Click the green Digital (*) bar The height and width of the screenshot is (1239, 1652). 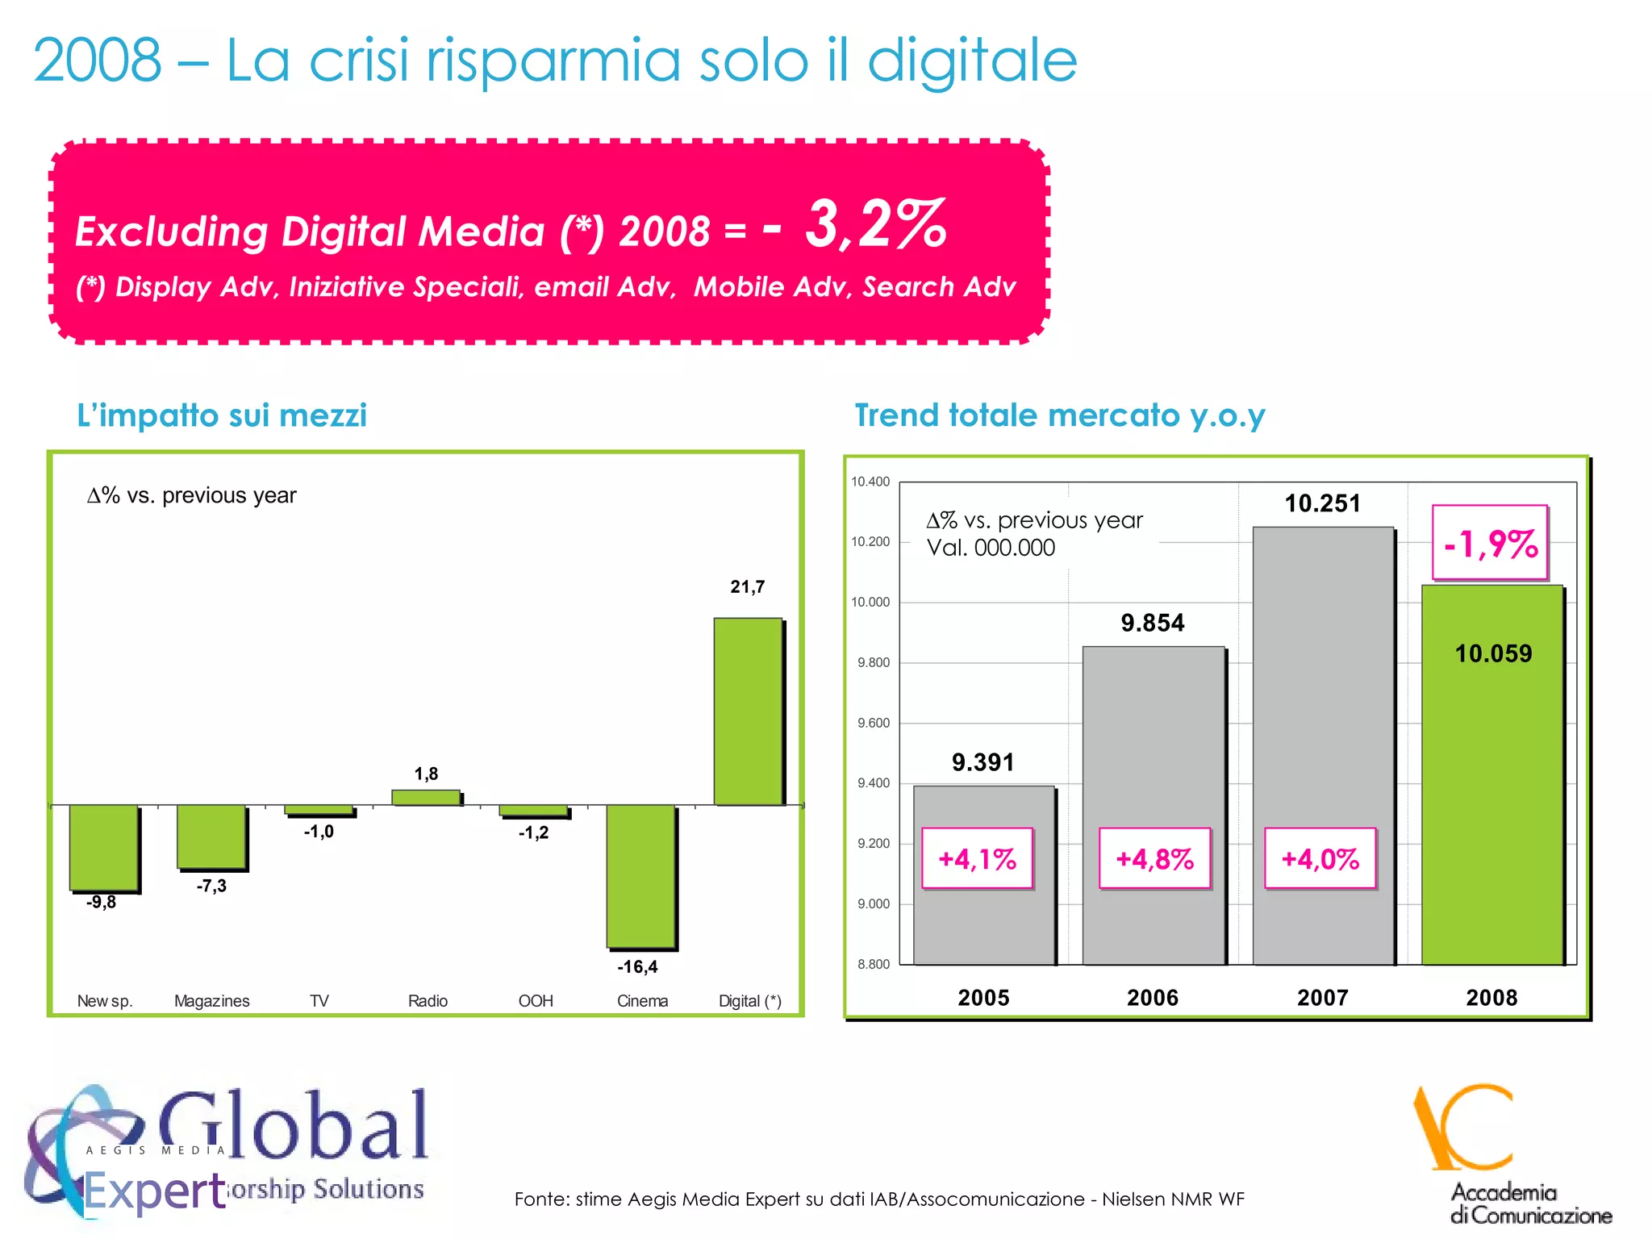click(748, 711)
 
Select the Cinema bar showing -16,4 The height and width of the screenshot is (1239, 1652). click(640, 876)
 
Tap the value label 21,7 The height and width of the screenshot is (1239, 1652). click(747, 587)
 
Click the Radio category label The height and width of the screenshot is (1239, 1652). click(428, 1001)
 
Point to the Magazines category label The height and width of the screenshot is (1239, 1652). click(212, 1001)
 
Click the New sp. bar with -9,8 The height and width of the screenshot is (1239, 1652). click(103, 847)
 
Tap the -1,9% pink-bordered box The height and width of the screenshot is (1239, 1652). click(1490, 543)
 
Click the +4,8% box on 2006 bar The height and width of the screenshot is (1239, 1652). click(1154, 858)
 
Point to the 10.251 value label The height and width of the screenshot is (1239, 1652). click(1322, 503)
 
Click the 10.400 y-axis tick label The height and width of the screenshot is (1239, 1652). click(870, 482)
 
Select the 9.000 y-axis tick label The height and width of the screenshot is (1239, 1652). click(873, 904)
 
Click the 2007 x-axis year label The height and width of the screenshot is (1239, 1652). click(1322, 998)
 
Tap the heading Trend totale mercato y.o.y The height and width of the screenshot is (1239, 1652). click(1059, 415)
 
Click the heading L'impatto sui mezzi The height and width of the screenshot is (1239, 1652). click(222, 415)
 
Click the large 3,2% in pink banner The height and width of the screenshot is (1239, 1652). click(875, 224)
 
